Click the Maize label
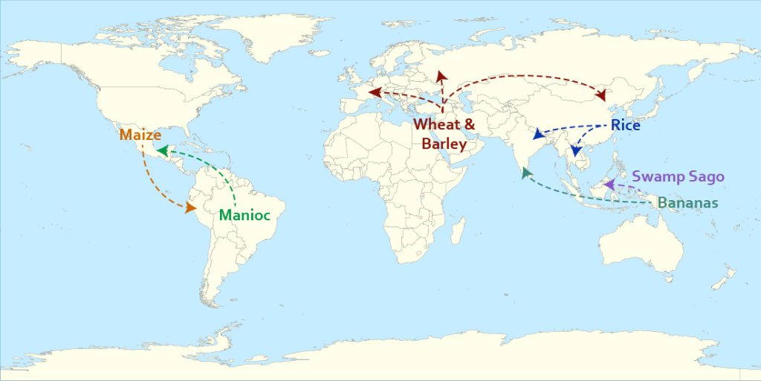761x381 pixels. point(140,135)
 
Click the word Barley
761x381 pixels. point(444,144)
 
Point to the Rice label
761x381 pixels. point(625,126)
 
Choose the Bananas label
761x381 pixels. point(687,203)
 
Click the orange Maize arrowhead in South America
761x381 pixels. point(191,208)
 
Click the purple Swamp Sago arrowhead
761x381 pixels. point(608,184)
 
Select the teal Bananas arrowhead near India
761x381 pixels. point(526,173)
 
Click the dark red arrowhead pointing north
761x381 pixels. point(441,75)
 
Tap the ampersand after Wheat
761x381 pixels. point(469,124)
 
